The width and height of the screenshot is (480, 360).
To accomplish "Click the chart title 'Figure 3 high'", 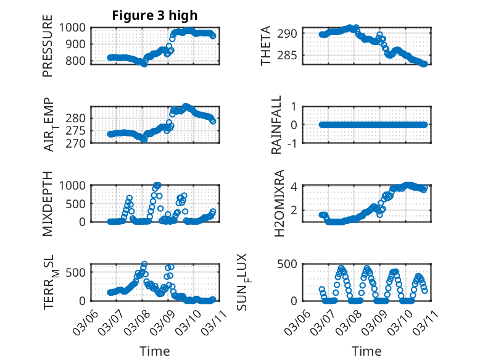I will tap(154, 15).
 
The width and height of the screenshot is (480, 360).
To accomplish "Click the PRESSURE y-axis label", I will tap(48, 49).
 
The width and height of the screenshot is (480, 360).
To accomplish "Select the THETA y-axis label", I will tap(266, 46).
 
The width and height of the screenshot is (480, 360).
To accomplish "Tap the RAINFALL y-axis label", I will tap(277, 125).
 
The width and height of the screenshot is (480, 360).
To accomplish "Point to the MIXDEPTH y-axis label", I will tap(48, 204).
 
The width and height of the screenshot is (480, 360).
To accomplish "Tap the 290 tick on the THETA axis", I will tap(291, 33).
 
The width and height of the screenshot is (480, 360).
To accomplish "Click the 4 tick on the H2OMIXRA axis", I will tap(295, 186).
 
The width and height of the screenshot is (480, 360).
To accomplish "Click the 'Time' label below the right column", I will tap(366, 351).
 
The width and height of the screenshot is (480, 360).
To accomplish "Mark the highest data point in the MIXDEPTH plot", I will tap(157, 185).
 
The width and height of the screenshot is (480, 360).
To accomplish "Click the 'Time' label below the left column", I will tap(155, 351).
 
